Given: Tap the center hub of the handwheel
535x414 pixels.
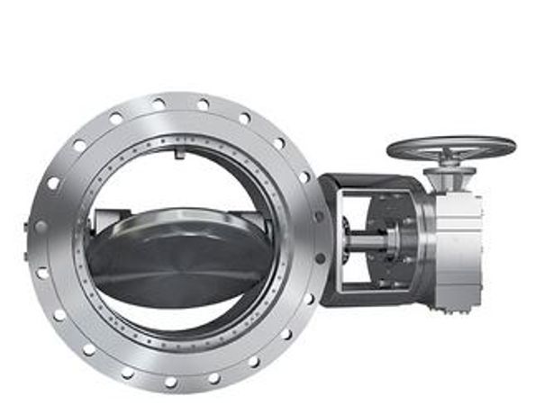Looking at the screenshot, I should pos(451,149).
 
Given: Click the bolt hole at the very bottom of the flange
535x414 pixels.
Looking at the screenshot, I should pos(171,382).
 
